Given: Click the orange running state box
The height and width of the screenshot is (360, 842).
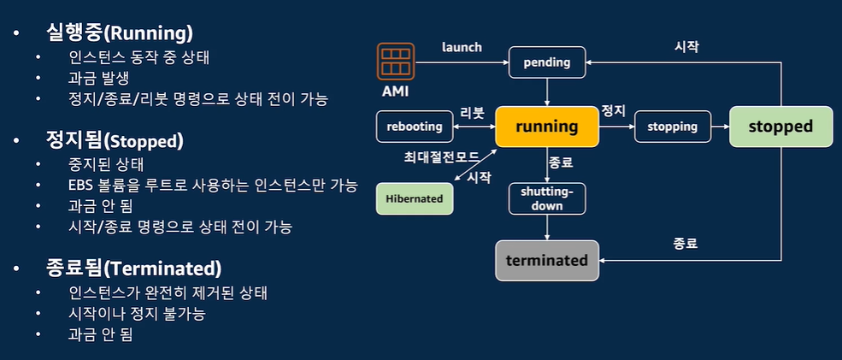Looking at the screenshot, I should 547,127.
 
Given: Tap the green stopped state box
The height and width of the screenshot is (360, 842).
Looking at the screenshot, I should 780,127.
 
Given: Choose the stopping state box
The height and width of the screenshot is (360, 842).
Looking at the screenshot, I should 673,127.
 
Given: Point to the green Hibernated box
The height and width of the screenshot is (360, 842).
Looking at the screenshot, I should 415,198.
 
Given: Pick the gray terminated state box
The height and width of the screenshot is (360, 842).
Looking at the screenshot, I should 547,260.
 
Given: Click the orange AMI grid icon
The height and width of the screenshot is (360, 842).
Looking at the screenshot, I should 395,61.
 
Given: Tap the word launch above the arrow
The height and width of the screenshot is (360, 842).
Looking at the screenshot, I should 462,47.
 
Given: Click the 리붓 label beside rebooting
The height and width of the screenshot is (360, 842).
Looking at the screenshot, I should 472,112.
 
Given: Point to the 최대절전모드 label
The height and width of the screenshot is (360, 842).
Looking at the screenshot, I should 440,158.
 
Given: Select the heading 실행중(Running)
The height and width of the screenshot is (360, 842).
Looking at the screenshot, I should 119,33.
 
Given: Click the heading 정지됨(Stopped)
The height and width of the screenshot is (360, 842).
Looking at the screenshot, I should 115,139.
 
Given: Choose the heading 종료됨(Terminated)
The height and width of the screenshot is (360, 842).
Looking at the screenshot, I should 133,268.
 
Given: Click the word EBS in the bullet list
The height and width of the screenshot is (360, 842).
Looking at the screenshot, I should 83,185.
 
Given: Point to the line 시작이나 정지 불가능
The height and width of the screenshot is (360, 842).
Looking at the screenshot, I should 138,313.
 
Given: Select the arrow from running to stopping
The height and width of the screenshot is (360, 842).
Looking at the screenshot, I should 616,127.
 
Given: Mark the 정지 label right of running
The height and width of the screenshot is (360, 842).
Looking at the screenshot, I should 614,111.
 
